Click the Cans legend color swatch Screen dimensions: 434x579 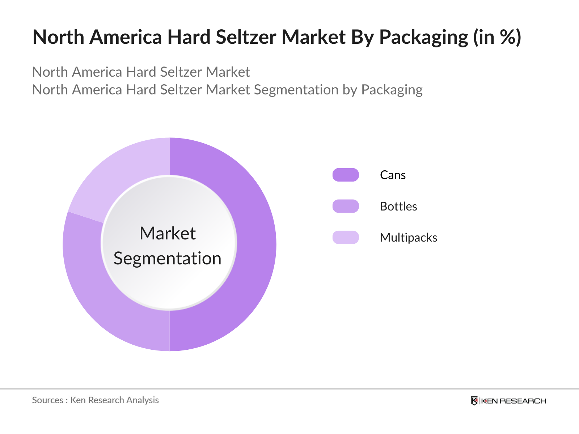(346, 175)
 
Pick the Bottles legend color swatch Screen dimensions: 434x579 (346, 206)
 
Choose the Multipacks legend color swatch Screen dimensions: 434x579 (346, 238)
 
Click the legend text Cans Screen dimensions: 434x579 (393, 175)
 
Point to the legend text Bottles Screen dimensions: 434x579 (398, 207)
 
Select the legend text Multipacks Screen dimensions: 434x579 (409, 238)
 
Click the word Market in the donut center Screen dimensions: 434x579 (168, 233)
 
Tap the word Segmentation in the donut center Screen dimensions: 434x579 (168, 259)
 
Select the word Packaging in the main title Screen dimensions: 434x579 (423, 38)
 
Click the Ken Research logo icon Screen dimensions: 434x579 (474, 401)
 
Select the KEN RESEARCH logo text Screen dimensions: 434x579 (514, 401)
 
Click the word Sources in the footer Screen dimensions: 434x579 (47, 400)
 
